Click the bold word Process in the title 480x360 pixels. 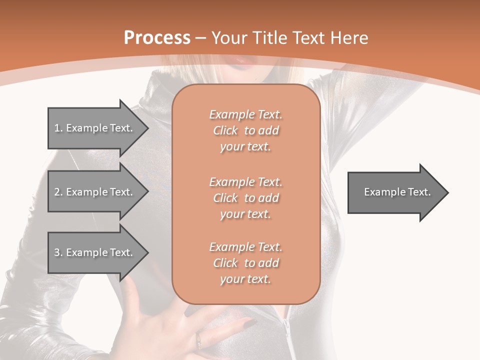157,38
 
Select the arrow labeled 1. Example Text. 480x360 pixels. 95,128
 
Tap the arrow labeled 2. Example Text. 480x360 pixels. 95,192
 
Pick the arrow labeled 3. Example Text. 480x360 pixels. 95,252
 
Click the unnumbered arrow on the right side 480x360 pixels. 395,192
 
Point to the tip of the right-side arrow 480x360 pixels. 447,192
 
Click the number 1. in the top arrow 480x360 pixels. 58,128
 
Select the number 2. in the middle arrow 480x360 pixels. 58,192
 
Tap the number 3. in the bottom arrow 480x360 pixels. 58,252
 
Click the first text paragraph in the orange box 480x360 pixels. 245,130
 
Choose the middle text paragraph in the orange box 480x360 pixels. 245,198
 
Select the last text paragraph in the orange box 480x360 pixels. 245,263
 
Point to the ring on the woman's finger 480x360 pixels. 199,341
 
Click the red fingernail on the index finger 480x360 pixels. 248,322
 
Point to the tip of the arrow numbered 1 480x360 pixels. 148,128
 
